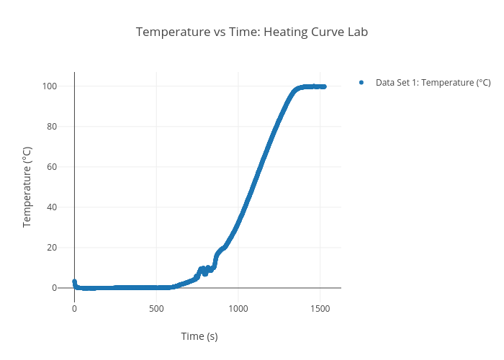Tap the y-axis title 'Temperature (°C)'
pyautogui.click(x=27, y=187)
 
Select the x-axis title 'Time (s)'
pyautogui.click(x=199, y=336)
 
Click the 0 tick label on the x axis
pyautogui.click(x=74, y=308)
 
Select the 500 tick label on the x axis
pyautogui.click(x=156, y=308)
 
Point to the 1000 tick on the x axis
pyautogui.click(x=238, y=308)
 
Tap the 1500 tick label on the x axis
pyautogui.click(x=320, y=308)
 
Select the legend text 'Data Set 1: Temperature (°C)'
pyautogui.click(x=433, y=83)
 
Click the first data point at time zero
pyautogui.click(x=74, y=282)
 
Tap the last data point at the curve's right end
pyautogui.click(x=324, y=86)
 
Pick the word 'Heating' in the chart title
pyautogui.click(x=291, y=32)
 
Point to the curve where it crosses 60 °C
pyautogui.click(x=261, y=167)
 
